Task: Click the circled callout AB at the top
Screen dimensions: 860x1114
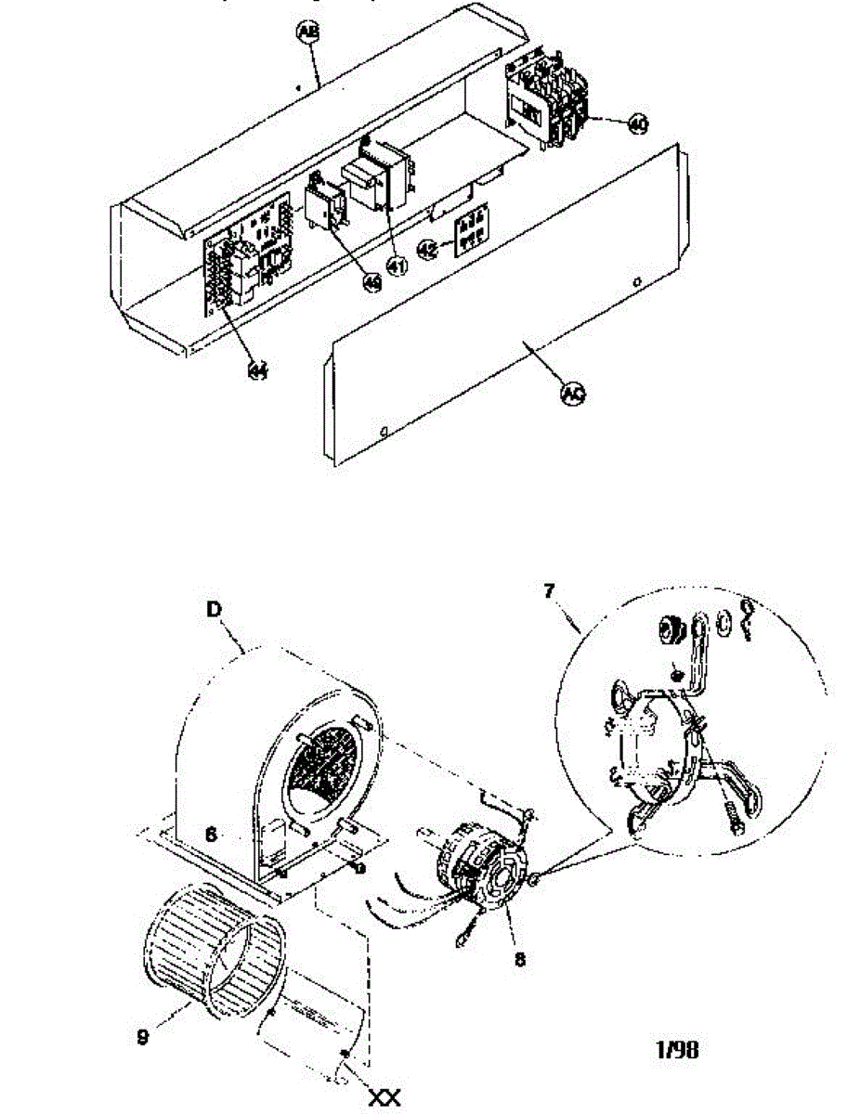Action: click(306, 33)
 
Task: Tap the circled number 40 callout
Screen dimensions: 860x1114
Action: click(638, 124)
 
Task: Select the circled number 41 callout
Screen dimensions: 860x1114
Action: click(397, 266)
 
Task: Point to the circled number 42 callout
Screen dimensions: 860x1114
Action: click(427, 248)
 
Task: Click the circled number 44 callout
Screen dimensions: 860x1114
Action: click(257, 369)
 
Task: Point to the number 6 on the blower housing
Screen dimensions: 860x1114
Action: click(211, 835)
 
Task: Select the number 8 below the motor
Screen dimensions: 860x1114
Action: click(519, 960)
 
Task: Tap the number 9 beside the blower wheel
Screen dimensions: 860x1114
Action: click(141, 1037)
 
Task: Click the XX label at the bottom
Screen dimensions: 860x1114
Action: click(384, 1098)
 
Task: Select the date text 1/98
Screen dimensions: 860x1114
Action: click(678, 1049)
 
